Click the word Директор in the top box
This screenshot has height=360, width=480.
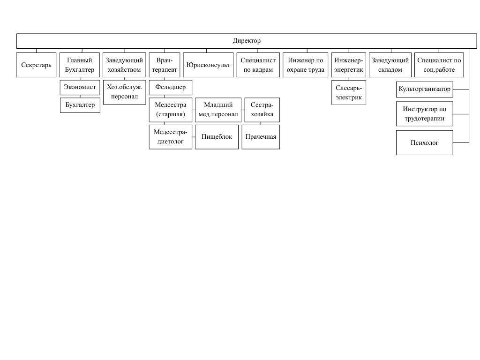tap(247, 41)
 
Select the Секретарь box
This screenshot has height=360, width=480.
tap(36, 65)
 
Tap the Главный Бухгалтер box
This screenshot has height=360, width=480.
tap(80, 65)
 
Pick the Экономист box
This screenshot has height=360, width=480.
tap(80, 87)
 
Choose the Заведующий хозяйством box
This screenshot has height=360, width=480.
tap(124, 65)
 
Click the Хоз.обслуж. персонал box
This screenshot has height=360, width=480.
tap(124, 92)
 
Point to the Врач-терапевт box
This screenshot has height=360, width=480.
tap(165, 65)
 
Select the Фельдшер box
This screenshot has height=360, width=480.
tap(171, 87)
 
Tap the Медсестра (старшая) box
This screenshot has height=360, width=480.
tap(171, 110)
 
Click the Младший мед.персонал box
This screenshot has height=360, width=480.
tap(218, 110)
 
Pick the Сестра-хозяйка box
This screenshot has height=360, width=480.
tap(262, 110)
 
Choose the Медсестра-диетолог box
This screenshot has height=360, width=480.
tap(171, 137)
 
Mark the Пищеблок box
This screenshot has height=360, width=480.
tap(217, 137)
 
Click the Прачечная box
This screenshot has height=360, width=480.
tap(261, 137)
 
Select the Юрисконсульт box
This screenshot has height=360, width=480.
tap(208, 65)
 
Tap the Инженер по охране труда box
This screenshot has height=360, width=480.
tap(306, 65)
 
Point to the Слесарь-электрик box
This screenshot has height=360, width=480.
tap(349, 93)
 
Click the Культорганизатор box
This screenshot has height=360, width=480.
tap(425, 90)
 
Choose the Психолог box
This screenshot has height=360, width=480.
tap(425, 142)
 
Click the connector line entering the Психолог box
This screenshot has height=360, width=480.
tap(461, 142)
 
